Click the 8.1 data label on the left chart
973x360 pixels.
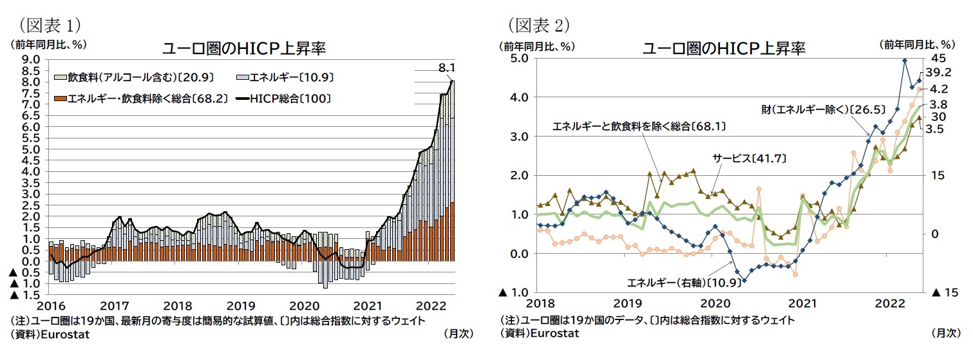pos(447,68)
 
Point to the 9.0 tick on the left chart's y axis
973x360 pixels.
pos(32,59)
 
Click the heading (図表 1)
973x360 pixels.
pos(50,24)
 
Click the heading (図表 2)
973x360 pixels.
pos(539,24)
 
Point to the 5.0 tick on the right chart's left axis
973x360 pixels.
pos(520,58)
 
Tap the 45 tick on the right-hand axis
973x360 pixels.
pos(938,58)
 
